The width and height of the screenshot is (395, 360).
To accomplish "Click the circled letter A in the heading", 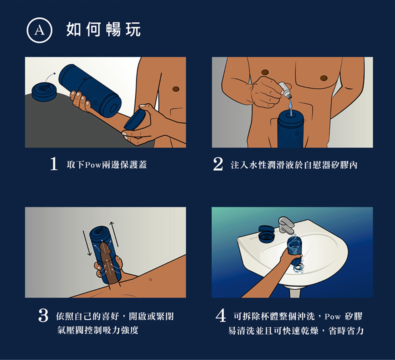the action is (x=39, y=30).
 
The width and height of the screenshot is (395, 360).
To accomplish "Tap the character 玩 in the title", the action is (x=133, y=29).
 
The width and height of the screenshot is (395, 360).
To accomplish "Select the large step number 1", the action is (x=53, y=164).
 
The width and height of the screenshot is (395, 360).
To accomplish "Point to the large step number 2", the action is (x=218, y=164).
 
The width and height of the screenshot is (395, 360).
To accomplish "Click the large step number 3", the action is (x=43, y=315).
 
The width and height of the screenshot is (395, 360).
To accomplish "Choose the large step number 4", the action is (x=220, y=315).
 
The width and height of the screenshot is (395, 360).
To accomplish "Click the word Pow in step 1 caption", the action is (x=93, y=165).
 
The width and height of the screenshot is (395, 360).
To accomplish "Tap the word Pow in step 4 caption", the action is (x=332, y=316).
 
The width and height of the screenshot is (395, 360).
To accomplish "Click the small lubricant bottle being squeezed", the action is (x=285, y=90).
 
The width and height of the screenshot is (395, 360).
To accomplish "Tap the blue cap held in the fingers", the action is (x=135, y=119).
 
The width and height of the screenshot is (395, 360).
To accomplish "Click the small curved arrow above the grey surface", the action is (x=50, y=76).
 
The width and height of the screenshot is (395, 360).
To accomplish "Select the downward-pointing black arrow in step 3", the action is (x=87, y=243).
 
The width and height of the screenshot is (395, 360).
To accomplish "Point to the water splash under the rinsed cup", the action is (x=298, y=267).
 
